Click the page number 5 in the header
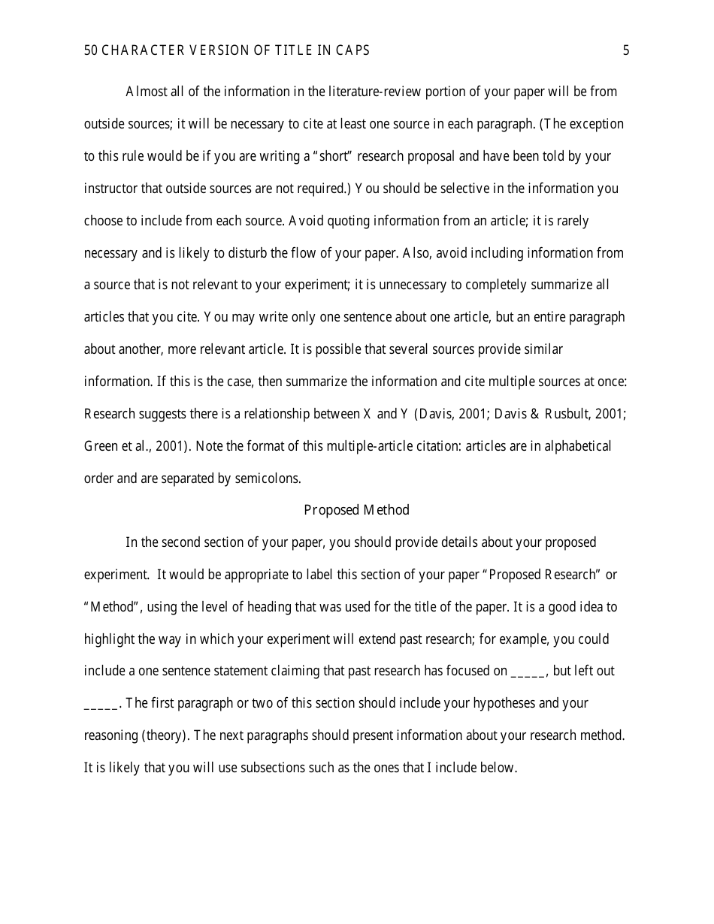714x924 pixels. pyautogui.click(x=626, y=51)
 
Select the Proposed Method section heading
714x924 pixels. pyautogui.click(x=356, y=510)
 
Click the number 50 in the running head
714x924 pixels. pyautogui.click(x=90, y=51)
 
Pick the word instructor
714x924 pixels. pyautogui.click(x=110, y=189)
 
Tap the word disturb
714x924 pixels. pyautogui.click(x=257, y=253)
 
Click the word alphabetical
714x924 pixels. pyautogui.click(x=574, y=446)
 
